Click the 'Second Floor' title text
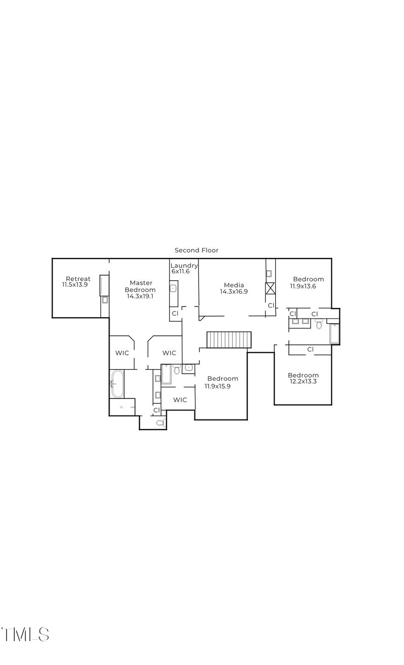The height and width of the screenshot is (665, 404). tap(196, 250)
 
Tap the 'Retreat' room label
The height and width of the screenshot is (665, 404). tap(78, 279)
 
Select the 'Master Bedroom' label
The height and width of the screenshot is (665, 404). tap(141, 286)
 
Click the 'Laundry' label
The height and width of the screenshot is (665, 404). tap(184, 266)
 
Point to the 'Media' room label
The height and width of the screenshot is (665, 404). tap(234, 285)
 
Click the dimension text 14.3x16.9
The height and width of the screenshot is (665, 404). tap(234, 291)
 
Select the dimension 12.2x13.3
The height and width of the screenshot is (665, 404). tap(303, 382)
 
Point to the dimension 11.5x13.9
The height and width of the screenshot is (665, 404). tap(75, 285)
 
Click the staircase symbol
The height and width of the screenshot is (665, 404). tap(229, 340)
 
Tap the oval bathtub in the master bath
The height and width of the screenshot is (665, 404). tap(117, 384)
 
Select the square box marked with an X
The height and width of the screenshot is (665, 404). tap(270, 289)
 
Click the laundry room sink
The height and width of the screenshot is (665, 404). tap(173, 289)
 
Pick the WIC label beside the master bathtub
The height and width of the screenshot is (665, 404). tap(122, 353)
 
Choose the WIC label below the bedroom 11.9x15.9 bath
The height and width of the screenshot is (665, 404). tap(180, 400)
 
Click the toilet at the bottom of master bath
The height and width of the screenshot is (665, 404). tap(161, 423)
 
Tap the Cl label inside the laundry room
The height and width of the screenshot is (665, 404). tap(175, 314)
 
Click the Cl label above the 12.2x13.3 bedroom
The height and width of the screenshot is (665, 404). tap(310, 349)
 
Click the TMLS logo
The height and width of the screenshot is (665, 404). tap(25, 634)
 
